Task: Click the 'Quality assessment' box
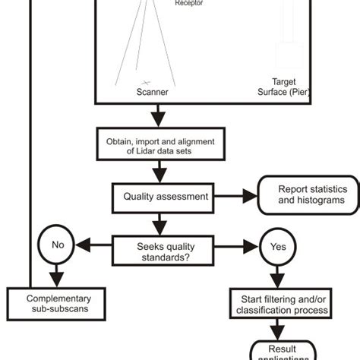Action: click(x=166, y=196)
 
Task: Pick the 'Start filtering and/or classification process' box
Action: click(x=281, y=304)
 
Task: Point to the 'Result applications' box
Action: click(x=281, y=349)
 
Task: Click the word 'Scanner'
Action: click(x=152, y=93)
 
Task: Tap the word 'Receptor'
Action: click(x=190, y=4)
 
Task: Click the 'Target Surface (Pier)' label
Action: click(x=283, y=87)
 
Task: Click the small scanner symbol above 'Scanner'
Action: click(x=146, y=81)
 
